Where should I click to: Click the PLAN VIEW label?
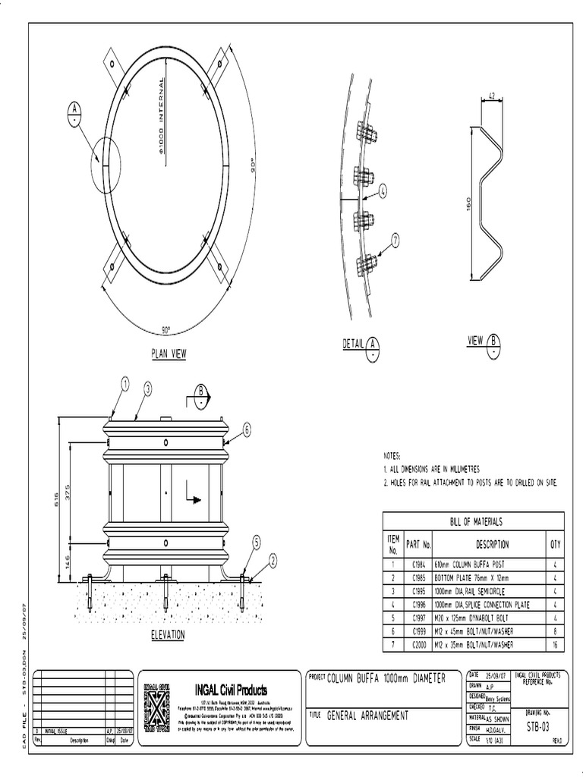pos(169,354)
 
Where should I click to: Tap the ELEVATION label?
pos(169,635)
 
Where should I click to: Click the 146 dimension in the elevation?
pos(68,562)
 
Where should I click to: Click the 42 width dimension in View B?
pos(491,96)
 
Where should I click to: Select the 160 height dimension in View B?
pos(468,204)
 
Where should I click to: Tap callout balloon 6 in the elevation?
pos(247,429)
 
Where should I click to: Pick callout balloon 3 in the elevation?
pos(148,388)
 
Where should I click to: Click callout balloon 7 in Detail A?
pos(395,241)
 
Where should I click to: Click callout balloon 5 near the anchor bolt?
pos(257,542)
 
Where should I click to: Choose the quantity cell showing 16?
pos(555,644)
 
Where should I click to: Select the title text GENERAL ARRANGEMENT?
pos(367,715)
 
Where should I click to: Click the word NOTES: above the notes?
pos(392,456)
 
